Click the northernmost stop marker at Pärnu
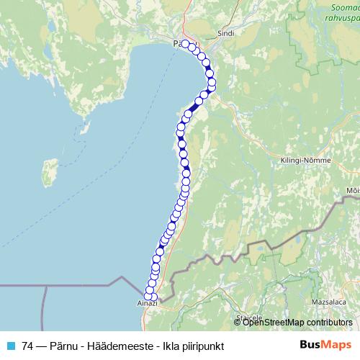[x=184, y=44]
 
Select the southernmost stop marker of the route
[x=153, y=297]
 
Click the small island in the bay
[x=50, y=171]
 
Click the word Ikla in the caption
[x=165, y=346]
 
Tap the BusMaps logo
[x=325, y=345]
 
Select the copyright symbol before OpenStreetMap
[x=238, y=322]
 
